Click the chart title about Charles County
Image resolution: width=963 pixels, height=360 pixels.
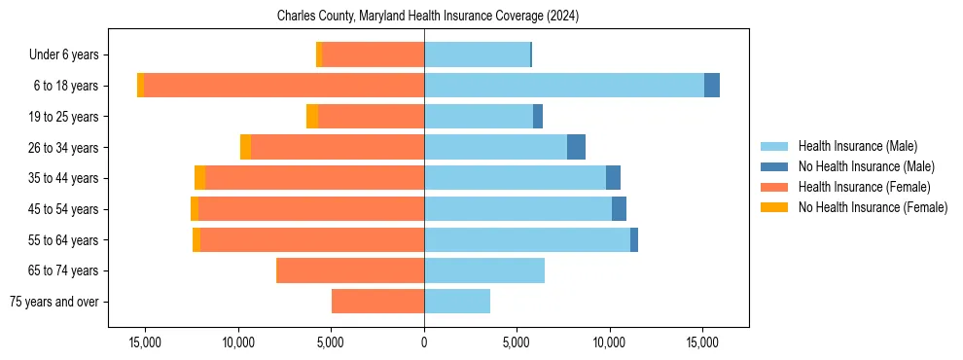tap(427, 16)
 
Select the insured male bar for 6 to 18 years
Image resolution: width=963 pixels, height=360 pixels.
tap(564, 86)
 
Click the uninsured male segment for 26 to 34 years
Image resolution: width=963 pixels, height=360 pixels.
tap(576, 147)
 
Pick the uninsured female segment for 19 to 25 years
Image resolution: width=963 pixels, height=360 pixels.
tap(312, 117)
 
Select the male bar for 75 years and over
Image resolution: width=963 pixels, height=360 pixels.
tap(457, 302)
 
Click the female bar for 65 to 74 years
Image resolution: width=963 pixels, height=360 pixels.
tap(350, 270)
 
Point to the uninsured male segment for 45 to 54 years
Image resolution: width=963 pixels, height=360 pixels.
tap(619, 209)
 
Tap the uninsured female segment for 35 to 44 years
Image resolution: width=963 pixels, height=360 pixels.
tap(199, 178)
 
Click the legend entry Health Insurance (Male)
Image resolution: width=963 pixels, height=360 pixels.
tap(857, 146)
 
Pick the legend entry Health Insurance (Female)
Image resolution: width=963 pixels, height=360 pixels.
tap(864, 187)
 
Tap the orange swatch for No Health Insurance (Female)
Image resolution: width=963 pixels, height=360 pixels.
tap(775, 207)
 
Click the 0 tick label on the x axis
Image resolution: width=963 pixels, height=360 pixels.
tap(424, 342)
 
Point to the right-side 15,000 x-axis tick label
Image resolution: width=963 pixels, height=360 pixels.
tap(702, 342)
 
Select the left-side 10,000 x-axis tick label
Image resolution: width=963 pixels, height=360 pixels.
tap(238, 342)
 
